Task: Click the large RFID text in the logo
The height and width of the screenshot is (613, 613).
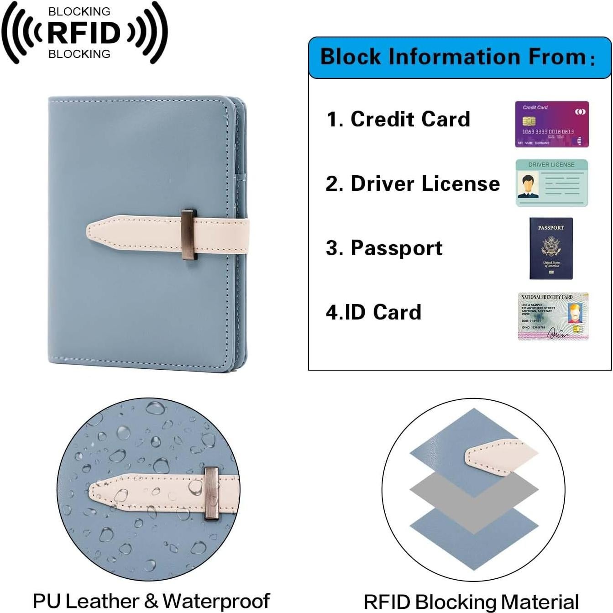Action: point(84,33)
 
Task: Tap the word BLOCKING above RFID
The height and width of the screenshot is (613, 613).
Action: point(79,11)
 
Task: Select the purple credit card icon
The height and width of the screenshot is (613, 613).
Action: point(552,124)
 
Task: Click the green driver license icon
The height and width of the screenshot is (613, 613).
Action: point(551,183)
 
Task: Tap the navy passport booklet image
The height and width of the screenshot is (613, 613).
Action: point(551,248)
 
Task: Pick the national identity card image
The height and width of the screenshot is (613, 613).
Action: point(553,316)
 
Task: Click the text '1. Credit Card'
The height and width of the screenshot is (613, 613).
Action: point(398,119)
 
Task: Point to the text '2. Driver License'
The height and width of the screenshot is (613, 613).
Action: point(413,183)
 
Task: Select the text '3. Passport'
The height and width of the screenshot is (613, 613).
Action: point(384,248)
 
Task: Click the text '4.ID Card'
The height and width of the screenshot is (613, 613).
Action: point(373,312)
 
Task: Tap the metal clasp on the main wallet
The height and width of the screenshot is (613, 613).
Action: point(189,235)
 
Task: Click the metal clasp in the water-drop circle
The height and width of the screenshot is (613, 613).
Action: point(211,493)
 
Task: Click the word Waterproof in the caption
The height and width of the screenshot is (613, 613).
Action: point(216,601)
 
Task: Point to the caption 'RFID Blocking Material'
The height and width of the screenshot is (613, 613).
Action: point(471,602)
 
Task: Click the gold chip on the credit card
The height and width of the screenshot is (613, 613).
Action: point(529,121)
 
